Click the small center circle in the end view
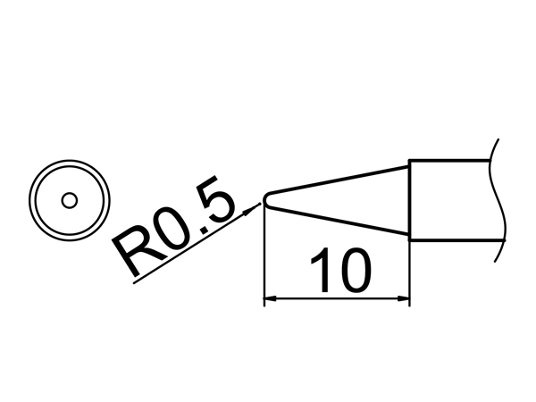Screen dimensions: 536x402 point(70,201)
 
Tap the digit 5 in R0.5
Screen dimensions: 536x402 point(214,203)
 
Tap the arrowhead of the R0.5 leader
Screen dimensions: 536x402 point(251,208)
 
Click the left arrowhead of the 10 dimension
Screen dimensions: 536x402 point(271,298)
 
